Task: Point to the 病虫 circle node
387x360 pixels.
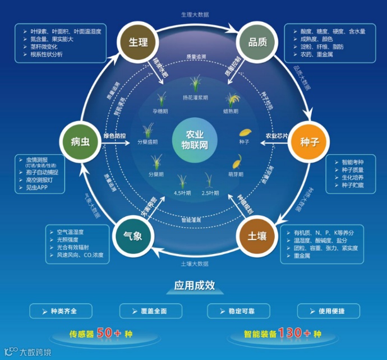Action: click(x=81, y=142)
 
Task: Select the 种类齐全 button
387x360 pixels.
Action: click(x=63, y=311)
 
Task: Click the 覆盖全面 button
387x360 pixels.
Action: click(x=150, y=311)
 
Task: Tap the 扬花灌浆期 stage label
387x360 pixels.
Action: click(x=195, y=98)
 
